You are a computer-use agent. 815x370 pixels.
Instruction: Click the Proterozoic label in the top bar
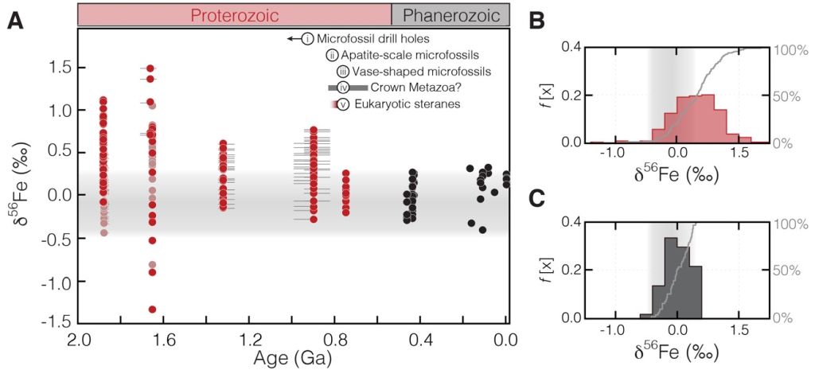tap(234, 14)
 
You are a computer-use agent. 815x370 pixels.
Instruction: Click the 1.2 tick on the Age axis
tap(250, 341)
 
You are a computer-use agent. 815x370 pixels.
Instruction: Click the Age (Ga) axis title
tap(292, 358)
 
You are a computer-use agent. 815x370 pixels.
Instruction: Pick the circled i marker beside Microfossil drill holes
tap(307, 38)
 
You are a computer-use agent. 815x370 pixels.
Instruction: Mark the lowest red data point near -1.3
tap(151, 310)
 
